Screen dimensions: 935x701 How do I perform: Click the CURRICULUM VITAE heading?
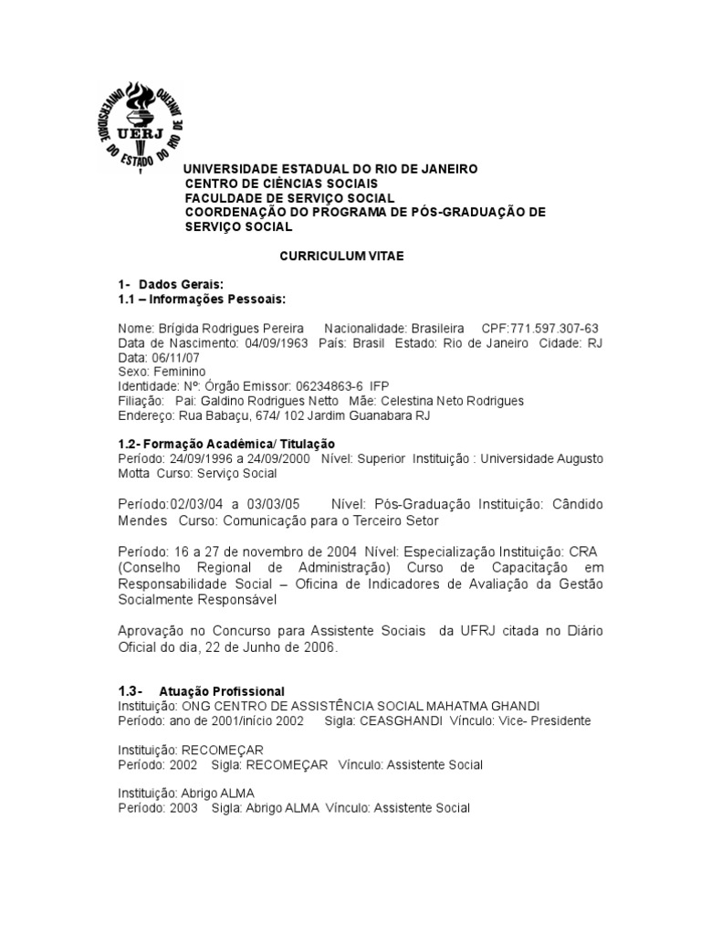point(340,257)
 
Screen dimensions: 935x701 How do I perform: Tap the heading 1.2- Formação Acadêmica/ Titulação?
point(228,444)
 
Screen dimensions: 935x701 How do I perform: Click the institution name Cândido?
point(574,504)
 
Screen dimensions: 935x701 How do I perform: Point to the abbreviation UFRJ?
point(491,631)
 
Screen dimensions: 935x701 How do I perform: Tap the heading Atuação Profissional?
point(221,691)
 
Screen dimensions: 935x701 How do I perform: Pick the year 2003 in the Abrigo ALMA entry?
point(183,808)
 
